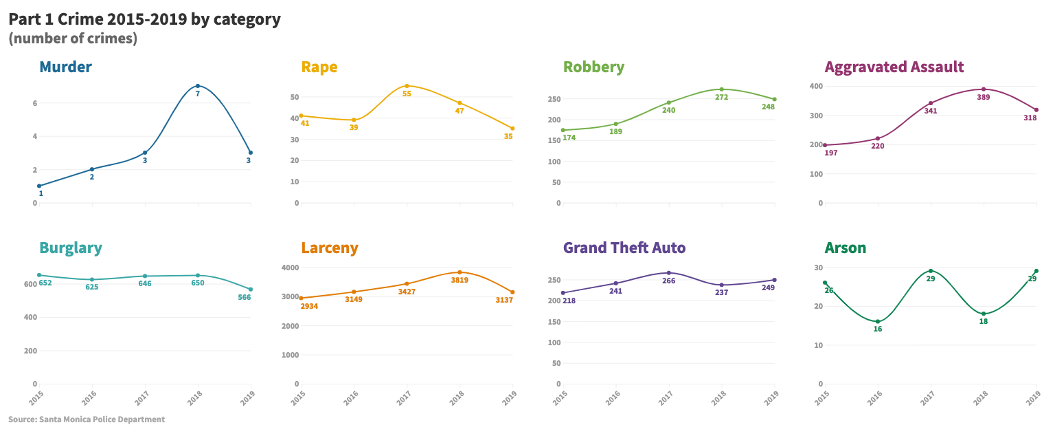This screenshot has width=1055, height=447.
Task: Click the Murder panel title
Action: tap(65, 67)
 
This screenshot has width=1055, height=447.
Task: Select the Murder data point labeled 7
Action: tap(198, 86)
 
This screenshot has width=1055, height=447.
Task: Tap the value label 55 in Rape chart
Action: tap(407, 94)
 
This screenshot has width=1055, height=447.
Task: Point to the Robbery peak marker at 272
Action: tap(721, 89)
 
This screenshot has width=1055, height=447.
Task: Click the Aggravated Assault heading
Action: tap(894, 67)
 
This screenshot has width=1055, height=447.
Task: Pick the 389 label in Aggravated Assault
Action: tap(984, 98)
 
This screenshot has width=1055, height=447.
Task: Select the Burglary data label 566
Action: tap(244, 297)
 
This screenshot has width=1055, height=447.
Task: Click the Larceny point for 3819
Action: tap(460, 272)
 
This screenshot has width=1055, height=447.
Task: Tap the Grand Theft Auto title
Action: tap(624, 248)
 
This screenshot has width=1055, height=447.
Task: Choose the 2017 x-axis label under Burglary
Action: tap(142, 397)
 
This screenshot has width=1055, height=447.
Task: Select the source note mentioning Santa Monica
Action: tap(87, 419)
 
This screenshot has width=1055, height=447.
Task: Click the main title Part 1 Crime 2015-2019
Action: tap(144, 19)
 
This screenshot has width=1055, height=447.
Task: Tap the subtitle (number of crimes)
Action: tap(73, 39)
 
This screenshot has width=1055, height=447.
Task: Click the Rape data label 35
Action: tap(508, 136)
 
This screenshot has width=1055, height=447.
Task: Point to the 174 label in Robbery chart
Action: tap(569, 138)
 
